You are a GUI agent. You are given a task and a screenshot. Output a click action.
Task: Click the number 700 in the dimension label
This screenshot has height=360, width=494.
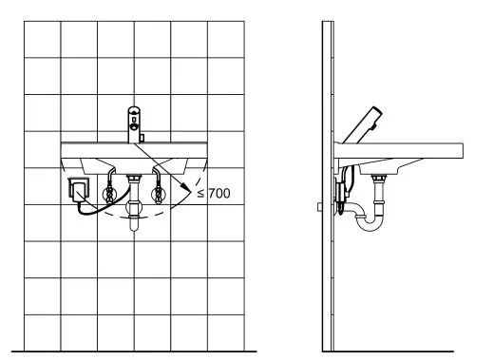pyautogui.click(x=219, y=193)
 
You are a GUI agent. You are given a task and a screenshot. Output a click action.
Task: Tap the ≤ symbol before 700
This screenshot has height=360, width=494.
pyautogui.click(x=201, y=194)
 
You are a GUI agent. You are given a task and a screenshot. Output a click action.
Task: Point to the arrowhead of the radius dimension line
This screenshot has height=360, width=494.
pyautogui.click(x=187, y=189)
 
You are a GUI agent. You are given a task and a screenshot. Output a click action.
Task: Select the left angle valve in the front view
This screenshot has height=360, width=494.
pyautogui.click(x=110, y=194)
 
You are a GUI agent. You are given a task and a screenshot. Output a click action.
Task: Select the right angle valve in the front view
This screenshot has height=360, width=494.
pyautogui.click(x=158, y=194)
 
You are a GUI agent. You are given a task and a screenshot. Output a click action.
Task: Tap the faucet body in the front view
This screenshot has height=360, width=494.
pyautogui.click(x=134, y=124)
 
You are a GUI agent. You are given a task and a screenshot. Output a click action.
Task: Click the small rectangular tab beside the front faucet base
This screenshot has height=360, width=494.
pyautogui.click(x=142, y=138)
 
